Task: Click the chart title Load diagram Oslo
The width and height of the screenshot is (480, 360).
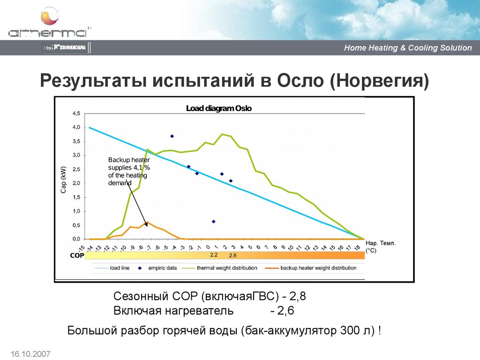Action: pos(219,108)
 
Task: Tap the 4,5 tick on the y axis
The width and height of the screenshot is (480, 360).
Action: pos(76,113)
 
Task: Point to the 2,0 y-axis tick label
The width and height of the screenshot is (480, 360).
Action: pos(76,183)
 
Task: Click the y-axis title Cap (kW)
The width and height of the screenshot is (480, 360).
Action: pos(64,180)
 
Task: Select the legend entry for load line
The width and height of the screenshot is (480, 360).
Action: pos(120,268)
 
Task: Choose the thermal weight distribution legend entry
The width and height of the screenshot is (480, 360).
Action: pos(227,268)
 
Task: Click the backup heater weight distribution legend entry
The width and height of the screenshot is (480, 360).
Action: pos(318,268)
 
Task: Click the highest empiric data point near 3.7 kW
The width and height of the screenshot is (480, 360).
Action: pos(172,136)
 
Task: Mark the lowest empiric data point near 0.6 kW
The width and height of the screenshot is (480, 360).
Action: pos(214,221)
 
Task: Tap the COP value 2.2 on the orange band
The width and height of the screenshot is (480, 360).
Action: pos(214,255)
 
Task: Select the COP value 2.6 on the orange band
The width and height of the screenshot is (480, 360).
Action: pos(232,255)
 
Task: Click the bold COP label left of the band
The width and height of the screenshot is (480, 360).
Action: pos(76,256)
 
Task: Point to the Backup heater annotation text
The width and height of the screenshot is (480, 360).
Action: pos(128,172)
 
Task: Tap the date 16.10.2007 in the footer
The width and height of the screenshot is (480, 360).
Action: pos(29,353)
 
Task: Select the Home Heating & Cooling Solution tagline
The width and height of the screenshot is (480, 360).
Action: pos(408,48)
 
